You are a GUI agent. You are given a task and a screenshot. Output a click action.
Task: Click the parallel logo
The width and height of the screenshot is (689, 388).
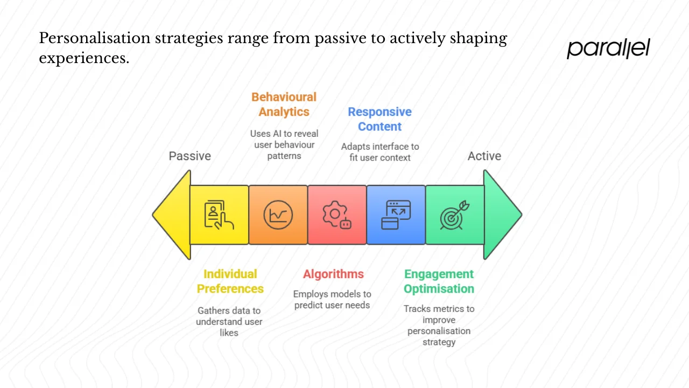(x=608, y=48)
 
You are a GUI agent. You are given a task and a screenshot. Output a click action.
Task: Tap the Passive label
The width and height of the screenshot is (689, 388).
(x=189, y=156)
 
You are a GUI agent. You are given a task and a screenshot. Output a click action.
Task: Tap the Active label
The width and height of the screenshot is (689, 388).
(x=484, y=156)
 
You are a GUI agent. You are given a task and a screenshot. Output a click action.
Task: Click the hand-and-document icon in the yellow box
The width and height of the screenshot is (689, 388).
(x=219, y=214)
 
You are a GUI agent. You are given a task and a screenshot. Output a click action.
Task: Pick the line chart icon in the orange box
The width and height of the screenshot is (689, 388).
(x=278, y=215)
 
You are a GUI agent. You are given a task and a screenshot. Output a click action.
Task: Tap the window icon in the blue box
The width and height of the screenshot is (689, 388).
(x=396, y=215)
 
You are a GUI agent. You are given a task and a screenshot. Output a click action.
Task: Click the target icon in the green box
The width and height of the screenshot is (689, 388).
(x=455, y=215)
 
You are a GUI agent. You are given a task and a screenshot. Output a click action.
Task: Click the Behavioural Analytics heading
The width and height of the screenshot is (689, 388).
(x=284, y=105)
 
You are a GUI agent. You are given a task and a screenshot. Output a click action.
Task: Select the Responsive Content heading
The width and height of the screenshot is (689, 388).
(x=379, y=119)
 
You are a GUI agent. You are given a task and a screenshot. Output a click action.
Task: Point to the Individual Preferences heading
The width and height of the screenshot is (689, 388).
(x=230, y=281)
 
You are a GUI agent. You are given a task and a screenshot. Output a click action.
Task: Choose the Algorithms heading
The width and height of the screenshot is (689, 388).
(x=333, y=274)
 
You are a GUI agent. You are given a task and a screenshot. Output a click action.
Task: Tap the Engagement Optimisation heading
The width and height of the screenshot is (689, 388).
(x=439, y=281)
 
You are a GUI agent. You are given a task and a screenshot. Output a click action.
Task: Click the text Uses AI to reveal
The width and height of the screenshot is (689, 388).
(x=284, y=134)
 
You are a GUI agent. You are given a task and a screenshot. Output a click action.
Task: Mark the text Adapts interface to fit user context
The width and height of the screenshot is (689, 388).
(x=379, y=152)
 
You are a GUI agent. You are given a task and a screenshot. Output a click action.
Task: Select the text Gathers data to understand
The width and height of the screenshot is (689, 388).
(x=229, y=316)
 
